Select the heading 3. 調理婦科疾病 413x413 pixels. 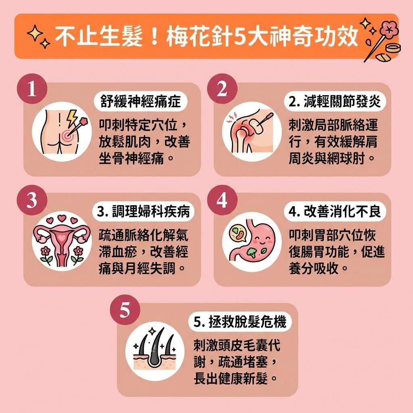tap(144, 212)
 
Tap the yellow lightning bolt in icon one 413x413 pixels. tap(73, 117)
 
